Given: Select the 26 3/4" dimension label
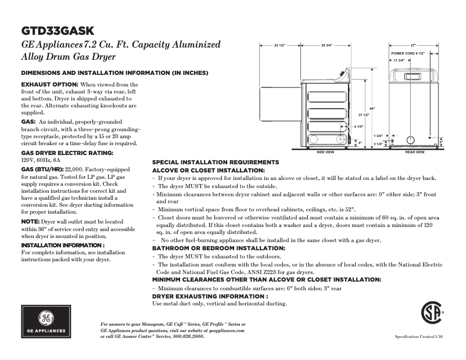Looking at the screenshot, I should pos(327,45).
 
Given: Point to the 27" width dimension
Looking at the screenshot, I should pos(413,45).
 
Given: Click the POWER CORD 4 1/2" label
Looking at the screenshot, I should pos(408,53).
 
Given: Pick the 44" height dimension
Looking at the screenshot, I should pos(372,109).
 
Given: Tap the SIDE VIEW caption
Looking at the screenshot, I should pos(325,152).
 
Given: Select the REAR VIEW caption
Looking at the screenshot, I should pos(415,152).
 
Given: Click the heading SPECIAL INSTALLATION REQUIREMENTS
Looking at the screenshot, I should pos(216,162).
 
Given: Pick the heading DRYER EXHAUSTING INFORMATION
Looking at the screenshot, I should pos(210,296).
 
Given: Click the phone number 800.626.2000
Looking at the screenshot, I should pos(187,336).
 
